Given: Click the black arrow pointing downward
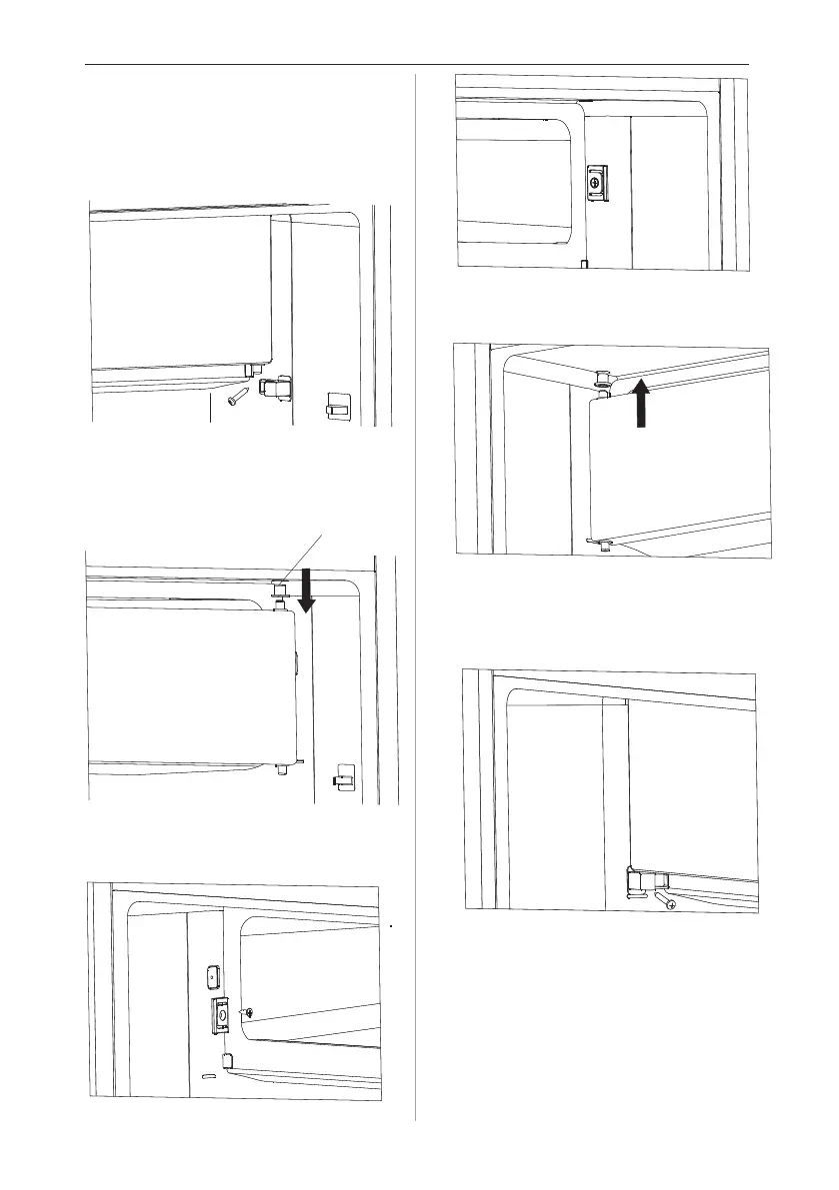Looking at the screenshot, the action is point(307,590).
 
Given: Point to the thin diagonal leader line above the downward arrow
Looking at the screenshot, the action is point(305,555).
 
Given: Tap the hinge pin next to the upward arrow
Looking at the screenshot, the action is point(605,381).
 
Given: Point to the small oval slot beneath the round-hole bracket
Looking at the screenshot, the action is point(207,1077).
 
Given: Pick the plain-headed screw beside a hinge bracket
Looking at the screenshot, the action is point(237,397).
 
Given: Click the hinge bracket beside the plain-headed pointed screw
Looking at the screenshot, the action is point(272,388).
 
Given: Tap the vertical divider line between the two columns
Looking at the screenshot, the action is point(415,599).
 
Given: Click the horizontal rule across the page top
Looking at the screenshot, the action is point(419,65).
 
